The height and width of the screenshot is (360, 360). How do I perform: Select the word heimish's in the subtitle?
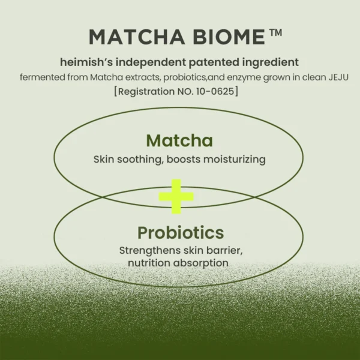click(86, 62)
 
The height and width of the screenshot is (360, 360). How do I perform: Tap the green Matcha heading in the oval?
click(179, 141)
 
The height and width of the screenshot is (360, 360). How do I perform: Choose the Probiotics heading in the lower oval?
click(181, 233)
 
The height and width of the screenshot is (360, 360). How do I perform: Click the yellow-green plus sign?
click(176, 196)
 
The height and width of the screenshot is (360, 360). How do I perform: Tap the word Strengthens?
click(148, 250)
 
